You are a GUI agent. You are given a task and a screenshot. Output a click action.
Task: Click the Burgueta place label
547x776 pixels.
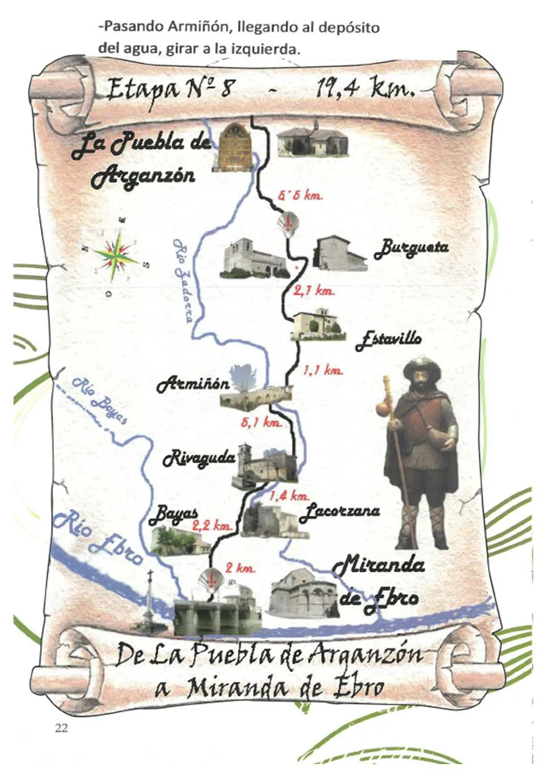coord(411,249)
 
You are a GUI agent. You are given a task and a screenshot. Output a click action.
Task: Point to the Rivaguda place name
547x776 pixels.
coord(199,459)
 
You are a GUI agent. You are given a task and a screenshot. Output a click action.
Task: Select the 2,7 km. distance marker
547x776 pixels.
coord(314,291)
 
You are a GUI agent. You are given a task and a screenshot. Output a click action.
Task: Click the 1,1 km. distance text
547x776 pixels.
coord(323,371)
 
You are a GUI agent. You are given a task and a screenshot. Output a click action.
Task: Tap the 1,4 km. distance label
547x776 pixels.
coord(289,496)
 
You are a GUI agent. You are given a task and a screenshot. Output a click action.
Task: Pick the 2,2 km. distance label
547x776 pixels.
coord(212,527)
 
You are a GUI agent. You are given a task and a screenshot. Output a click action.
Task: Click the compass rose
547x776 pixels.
coord(116,256)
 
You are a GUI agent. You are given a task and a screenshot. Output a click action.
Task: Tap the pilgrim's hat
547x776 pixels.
coord(422,368)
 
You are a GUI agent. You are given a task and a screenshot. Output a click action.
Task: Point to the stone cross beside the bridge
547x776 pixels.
coord(150,600)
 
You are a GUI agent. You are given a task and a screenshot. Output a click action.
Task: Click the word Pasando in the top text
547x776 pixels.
coord(130,28)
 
